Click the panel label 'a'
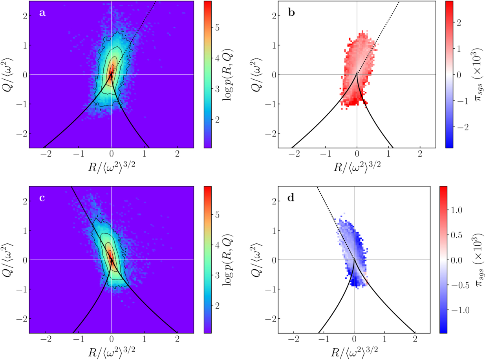42,13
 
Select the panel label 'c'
42,198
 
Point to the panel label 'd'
291,198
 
